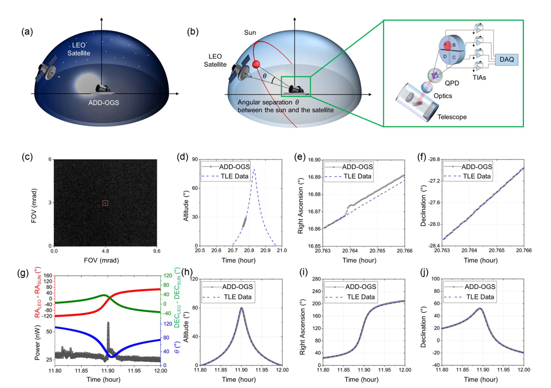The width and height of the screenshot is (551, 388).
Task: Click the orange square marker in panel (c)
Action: pyautogui.click(x=105, y=204)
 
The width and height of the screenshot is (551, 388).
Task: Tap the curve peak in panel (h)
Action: pyautogui.click(x=242, y=308)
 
